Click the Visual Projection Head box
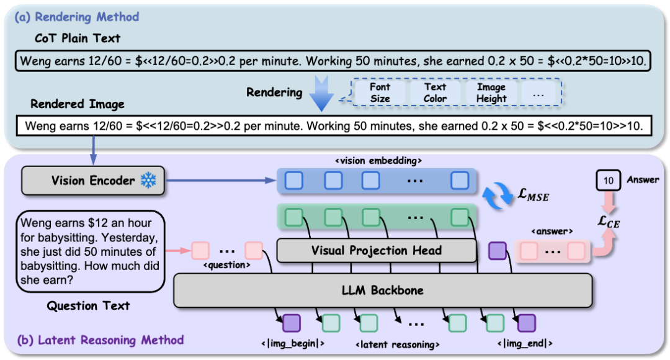pos(376,251)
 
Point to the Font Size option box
pos(380,93)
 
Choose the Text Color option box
pos(435,93)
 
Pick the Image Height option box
pos(491,93)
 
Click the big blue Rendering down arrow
pos(323,92)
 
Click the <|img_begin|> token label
pos(292,343)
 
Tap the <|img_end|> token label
pos(524,343)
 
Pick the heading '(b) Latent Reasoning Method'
pos(102,340)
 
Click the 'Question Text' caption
pos(89,305)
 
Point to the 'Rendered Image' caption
pos(77,104)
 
